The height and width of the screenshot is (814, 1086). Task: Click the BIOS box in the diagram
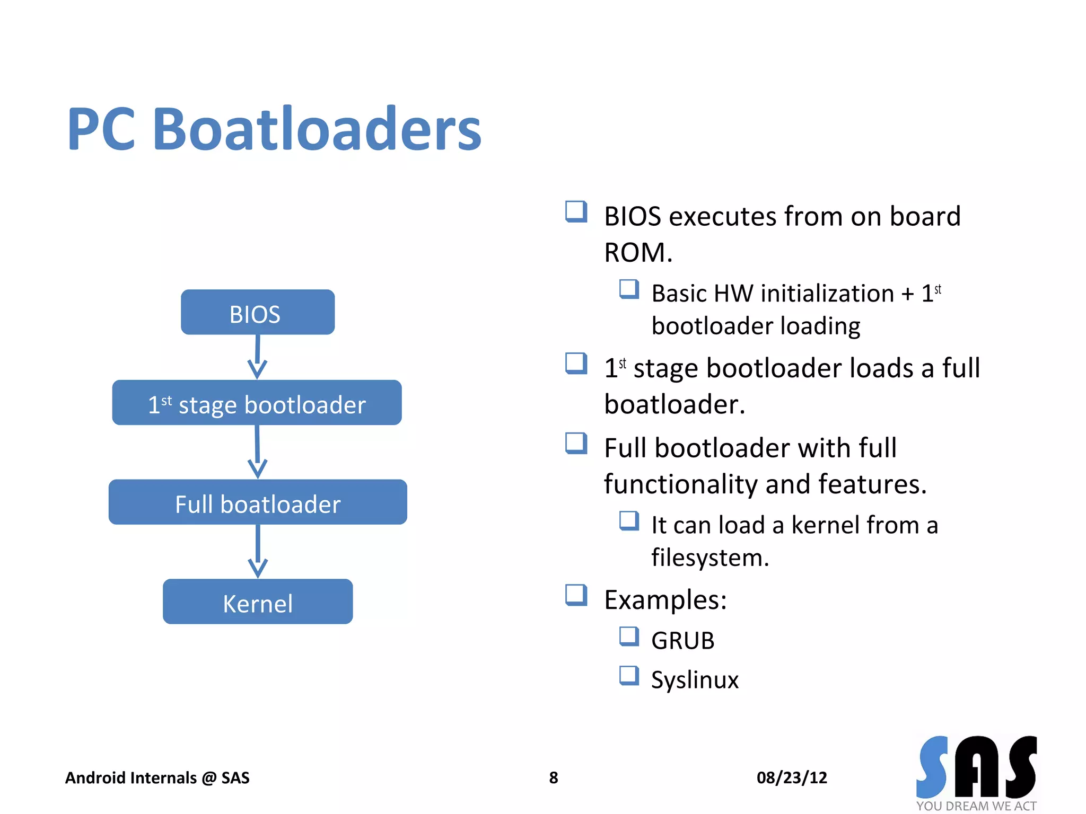pyautogui.click(x=257, y=312)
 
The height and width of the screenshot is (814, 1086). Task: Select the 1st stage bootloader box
pyautogui.click(x=257, y=403)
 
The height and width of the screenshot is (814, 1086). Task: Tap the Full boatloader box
pyautogui.click(x=258, y=502)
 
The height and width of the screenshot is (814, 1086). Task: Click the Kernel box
pyautogui.click(x=258, y=601)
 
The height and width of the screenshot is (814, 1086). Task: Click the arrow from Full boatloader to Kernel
pyautogui.click(x=258, y=552)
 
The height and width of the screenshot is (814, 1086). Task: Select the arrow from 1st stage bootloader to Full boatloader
pyautogui.click(x=257, y=452)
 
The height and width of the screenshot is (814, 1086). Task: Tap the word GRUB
pyautogui.click(x=682, y=640)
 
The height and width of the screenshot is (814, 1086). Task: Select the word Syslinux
pyautogui.click(x=694, y=679)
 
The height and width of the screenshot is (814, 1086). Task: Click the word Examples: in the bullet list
pyautogui.click(x=665, y=600)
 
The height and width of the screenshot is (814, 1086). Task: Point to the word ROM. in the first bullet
pyautogui.click(x=638, y=252)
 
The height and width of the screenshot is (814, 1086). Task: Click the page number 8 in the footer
pyautogui.click(x=553, y=777)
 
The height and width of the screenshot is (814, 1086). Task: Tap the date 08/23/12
pyautogui.click(x=791, y=777)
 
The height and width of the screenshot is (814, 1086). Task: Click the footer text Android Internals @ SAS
pyautogui.click(x=157, y=777)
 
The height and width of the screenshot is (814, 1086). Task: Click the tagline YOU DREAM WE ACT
pyautogui.click(x=976, y=806)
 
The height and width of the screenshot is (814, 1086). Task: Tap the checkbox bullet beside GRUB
pyautogui.click(x=629, y=636)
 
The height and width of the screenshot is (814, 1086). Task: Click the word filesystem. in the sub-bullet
pyautogui.click(x=710, y=558)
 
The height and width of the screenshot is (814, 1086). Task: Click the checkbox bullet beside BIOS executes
pyautogui.click(x=576, y=211)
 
